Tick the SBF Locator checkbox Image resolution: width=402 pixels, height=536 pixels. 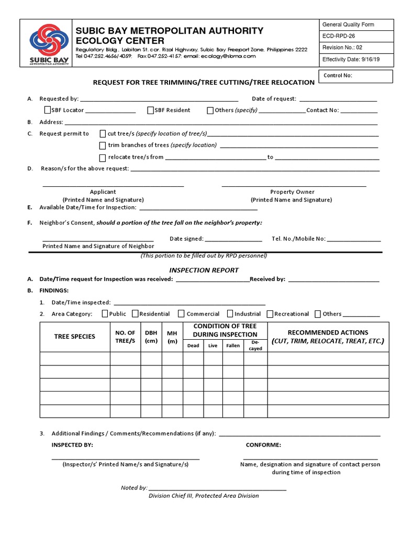pos(48,110)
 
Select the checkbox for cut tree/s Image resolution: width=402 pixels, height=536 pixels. pos(103,133)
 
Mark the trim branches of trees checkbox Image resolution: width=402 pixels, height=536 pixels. pos(103,146)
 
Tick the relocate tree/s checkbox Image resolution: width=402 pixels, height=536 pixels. pos(103,158)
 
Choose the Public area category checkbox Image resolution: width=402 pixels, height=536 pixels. pos(105,314)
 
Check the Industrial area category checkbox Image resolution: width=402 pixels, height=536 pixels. pos(230,314)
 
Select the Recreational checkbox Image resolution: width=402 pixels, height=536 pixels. pos(270,314)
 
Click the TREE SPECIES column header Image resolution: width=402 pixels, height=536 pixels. pos(74,337)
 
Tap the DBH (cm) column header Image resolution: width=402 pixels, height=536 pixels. pos(151,337)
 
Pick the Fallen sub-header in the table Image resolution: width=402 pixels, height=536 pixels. pos(233,346)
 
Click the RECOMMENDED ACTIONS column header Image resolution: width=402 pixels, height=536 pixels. pos(328,337)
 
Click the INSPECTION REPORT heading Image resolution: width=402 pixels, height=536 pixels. pos(204,270)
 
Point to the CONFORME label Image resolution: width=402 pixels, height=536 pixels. pos(263,445)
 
